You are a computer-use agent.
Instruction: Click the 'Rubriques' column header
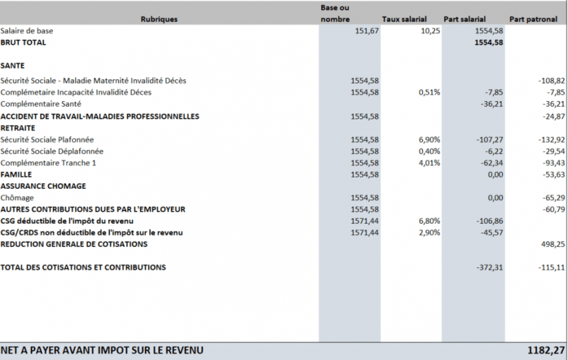[x=159, y=19]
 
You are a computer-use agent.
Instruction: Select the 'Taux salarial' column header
[x=405, y=19]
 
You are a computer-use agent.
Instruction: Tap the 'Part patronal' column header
[x=533, y=19]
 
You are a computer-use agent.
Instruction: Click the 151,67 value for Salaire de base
[x=367, y=31]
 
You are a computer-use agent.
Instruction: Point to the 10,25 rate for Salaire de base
[x=431, y=31]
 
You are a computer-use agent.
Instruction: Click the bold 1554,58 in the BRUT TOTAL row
[x=489, y=42]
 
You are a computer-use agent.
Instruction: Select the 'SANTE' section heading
[x=13, y=66]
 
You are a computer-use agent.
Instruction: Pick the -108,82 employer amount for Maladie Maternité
[x=551, y=81]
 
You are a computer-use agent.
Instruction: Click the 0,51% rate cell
[x=429, y=93]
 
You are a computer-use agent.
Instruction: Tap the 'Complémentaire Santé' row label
[x=41, y=104]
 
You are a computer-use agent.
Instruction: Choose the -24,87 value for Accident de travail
[x=553, y=116]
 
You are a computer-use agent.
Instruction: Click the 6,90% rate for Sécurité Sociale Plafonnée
[x=429, y=140]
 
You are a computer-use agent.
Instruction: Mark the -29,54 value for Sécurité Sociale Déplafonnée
[x=553, y=151]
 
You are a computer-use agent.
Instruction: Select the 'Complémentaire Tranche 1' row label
[x=48, y=163]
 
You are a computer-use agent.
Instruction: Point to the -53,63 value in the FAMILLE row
[x=553, y=174]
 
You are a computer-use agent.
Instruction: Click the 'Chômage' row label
[x=17, y=198]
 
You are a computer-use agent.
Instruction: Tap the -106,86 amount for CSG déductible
[x=489, y=221]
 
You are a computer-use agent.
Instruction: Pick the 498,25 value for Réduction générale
[x=553, y=244]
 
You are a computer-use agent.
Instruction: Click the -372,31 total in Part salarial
[x=489, y=267]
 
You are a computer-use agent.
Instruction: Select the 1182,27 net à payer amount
[x=546, y=350]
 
